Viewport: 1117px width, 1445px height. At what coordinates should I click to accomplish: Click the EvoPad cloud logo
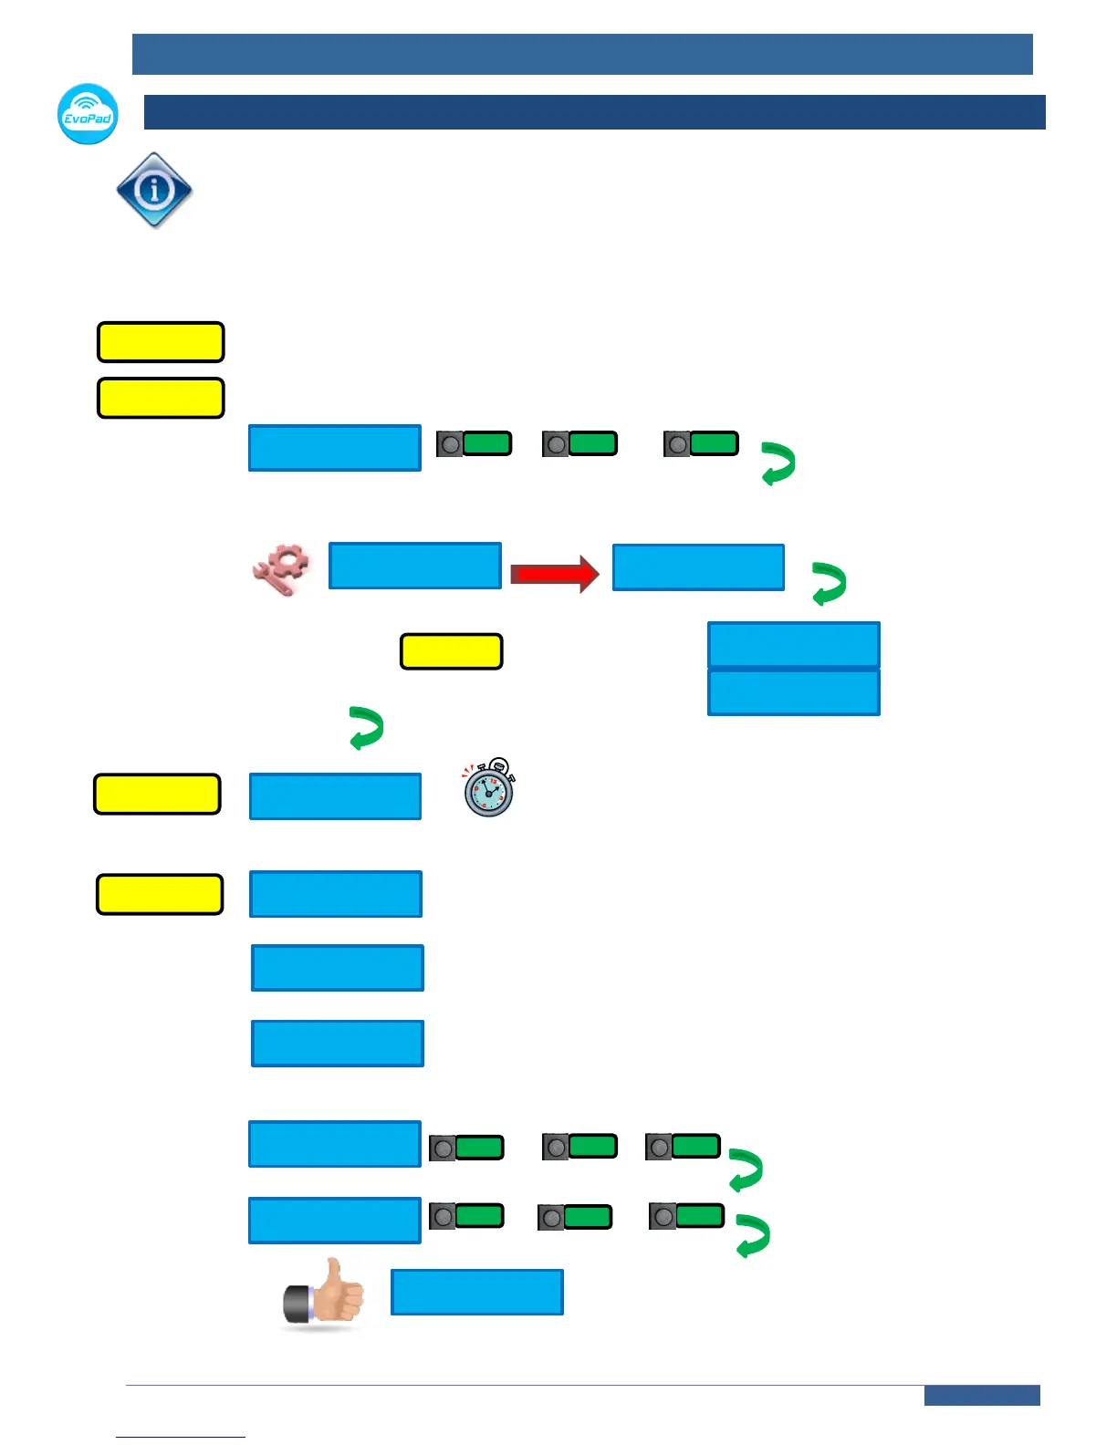(x=88, y=114)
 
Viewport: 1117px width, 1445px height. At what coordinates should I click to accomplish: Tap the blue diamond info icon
(x=154, y=190)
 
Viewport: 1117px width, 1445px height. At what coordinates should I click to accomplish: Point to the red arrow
(x=554, y=574)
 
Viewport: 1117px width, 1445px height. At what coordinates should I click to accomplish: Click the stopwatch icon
(x=489, y=787)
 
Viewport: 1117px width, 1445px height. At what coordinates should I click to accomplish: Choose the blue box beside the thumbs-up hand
(x=476, y=1292)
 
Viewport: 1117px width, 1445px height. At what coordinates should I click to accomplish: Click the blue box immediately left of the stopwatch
(x=335, y=796)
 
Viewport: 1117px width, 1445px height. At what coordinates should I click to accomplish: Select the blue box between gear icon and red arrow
(x=414, y=566)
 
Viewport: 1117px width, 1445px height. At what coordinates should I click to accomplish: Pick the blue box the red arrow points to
(x=698, y=567)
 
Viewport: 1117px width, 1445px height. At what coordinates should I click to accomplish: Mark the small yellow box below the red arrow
(x=451, y=651)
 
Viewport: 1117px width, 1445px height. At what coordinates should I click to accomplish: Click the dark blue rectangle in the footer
(x=981, y=1396)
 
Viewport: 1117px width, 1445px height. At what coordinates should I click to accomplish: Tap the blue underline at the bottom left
(x=180, y=1437)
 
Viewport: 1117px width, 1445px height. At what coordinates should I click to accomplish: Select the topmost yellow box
(x=161, y=342)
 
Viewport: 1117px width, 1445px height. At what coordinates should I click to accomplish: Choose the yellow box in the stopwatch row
(x=157, y=794)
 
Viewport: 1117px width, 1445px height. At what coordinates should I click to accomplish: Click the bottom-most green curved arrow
(x=753, y=1236)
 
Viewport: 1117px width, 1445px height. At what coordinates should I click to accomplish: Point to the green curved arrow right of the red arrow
(x=829, y=584)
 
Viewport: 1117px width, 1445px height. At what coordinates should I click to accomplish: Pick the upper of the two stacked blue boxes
(x=793, y=645)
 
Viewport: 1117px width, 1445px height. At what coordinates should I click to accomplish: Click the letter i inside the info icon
(x=154, y=190)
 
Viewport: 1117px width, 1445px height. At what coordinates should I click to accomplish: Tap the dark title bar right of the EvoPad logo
(x=594, y=112)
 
